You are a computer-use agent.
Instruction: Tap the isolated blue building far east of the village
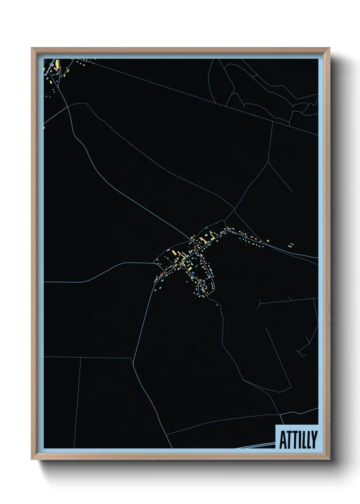click(291, 244)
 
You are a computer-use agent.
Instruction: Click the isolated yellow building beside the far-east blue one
click(268, 241)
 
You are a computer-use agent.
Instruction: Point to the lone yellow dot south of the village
click(217, 305)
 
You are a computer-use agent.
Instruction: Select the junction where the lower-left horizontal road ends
click(132, 358)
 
